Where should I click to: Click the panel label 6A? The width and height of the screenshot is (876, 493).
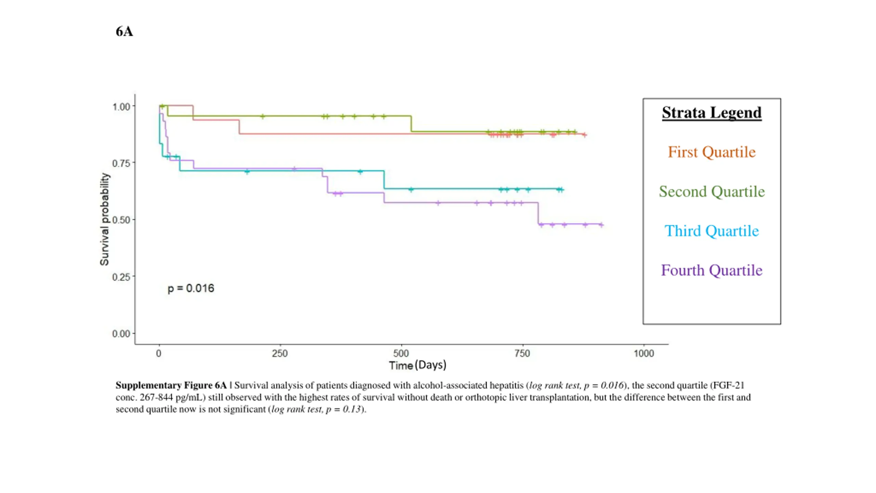coord(124,31)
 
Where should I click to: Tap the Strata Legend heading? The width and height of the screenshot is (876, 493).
coord(711,113)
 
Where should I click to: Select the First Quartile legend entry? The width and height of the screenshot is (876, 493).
coord(711,152)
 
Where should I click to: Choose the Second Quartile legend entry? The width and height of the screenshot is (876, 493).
coord(711,191)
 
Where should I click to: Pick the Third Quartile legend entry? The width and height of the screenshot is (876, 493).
coord(711,231)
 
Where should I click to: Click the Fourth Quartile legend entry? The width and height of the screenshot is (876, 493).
coord(711,270)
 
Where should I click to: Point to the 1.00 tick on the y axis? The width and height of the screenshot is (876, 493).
coord(121,107)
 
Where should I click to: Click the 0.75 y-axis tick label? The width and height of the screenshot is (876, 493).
coord(121,163)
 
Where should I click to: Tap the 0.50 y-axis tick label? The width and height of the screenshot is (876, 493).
coord(121,220)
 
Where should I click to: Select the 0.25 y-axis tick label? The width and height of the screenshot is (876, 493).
coord(121,277)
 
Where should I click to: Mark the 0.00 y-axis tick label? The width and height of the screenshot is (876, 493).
coord(121,333)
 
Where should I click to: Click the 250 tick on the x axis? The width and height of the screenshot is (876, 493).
coord(280,353)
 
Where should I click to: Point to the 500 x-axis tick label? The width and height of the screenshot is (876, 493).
coord(401,353)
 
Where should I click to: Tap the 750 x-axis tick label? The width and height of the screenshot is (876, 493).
coord(522,353)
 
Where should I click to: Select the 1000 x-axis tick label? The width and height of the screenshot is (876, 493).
coord(644,353)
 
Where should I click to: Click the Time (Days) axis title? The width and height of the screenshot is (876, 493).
coord(417,365)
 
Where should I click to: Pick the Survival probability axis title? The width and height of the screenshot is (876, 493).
coord(104,219)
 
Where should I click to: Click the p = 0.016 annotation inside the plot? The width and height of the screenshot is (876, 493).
coord(191,288)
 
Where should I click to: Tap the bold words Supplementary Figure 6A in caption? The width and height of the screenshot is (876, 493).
coord(171,385)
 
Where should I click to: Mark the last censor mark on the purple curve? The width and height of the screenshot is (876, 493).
coord(601,225)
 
